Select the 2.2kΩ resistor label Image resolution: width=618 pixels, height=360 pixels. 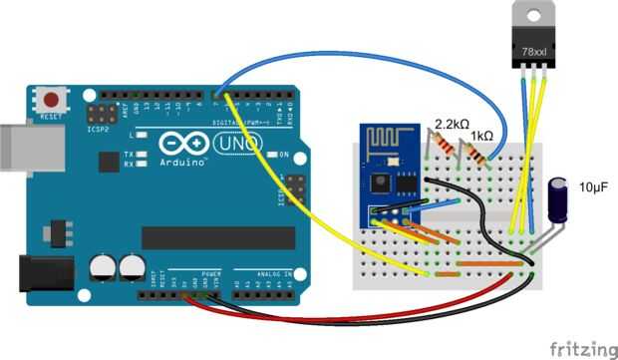tap(452, 126)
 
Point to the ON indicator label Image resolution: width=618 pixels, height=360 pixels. tap(283, 155)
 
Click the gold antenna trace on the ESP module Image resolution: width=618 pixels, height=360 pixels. tap(382, 138)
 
